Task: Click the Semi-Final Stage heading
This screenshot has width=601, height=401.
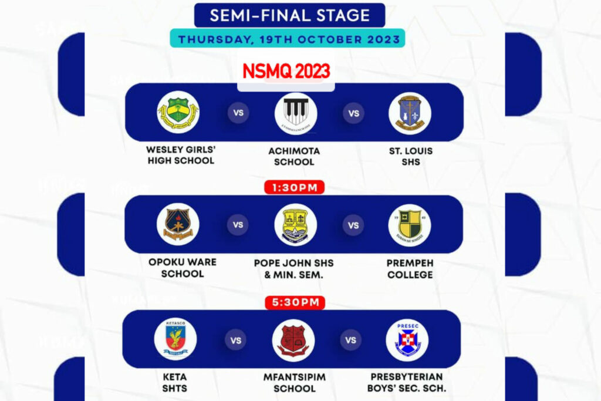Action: click(x=290, y=15)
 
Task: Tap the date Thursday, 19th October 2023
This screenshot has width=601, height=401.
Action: click(x=289, y=40)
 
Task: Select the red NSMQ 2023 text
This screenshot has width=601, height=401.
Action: click(x=286, y=72)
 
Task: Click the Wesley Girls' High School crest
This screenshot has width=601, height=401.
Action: click(x=178, y=112)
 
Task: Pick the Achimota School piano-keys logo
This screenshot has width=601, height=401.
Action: click(x=296, y=112)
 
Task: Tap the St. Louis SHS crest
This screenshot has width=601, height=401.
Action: click(x=410, y=113)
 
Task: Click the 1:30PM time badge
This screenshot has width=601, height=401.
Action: click(x=294, y=188)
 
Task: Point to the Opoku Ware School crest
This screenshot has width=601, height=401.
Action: click(x=178, y=224)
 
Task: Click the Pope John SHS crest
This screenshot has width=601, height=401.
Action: click(x=295, y=225)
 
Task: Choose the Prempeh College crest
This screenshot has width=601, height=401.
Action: click(x=409, y=225)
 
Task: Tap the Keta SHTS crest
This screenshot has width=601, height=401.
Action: click(x=175, y=339)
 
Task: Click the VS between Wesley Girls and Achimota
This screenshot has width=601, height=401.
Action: click(x=238, y=113)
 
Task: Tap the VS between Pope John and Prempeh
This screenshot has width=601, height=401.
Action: click(x=353, y=225)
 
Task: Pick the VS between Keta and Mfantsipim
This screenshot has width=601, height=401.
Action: click(x=235, y=339)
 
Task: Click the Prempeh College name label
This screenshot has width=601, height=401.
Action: click(x=410, y=269)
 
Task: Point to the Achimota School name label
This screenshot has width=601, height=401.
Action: click(x=294, y=156)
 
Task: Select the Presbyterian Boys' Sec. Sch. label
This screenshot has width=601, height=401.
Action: click(x=407, y=382)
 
